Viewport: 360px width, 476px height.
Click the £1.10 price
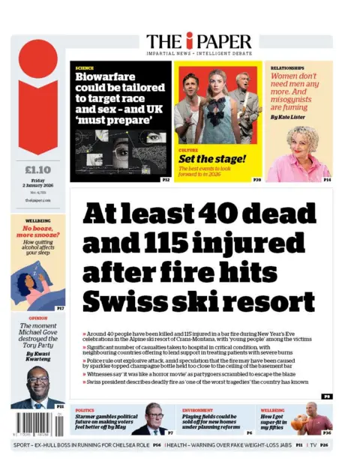pos(37,169)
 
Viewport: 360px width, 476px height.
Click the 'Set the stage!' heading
pos(212,159)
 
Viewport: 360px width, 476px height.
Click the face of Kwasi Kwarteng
pos(37,388)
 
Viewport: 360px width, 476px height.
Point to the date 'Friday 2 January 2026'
pos(37,185)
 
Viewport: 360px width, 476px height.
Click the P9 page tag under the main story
pos(326,396)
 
